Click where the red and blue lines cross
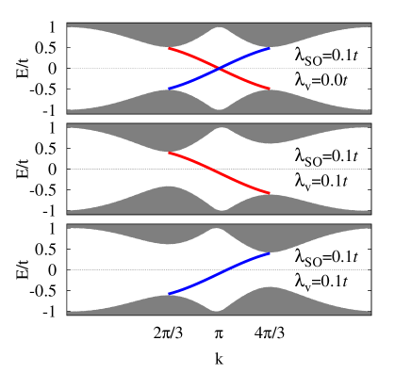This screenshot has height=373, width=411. (220, 68)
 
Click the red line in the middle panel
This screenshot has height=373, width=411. (219, 173)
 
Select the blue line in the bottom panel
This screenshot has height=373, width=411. (219, 274)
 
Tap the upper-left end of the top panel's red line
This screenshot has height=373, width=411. (169, 48)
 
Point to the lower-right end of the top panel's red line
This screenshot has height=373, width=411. (270, 89)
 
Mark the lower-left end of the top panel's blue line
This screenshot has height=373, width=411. (169, 89)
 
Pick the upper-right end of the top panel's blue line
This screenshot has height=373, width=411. (270, 48)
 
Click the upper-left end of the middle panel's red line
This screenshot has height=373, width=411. (169, 153)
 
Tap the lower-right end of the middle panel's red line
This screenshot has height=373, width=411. (270, 193)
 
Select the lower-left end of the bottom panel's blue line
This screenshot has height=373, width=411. (169, 294)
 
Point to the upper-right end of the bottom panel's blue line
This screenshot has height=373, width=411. (270, 253)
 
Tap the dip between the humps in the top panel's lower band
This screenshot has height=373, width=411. (220, 109)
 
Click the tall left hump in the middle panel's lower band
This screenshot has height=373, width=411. (168, 199)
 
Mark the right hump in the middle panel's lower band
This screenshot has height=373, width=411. (269, 203)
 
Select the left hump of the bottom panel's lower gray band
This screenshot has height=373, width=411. (168, 303)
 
